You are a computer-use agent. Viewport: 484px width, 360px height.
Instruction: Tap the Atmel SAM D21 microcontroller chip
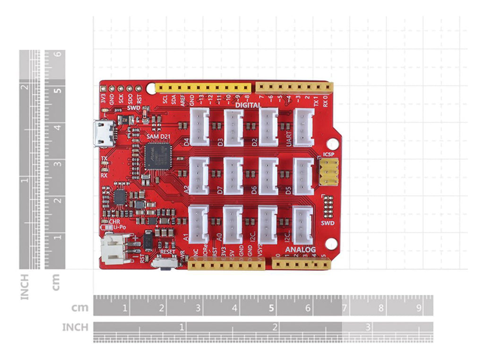[156, 156]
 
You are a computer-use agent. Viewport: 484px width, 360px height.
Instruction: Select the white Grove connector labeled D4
[199, 127]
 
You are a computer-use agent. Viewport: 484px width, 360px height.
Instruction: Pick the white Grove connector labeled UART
[303, 127]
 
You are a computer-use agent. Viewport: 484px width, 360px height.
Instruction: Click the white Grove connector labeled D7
[233, 176]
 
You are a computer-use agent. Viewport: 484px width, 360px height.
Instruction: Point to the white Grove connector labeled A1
[199, 224]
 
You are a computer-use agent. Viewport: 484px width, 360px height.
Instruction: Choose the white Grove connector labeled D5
[303, 176]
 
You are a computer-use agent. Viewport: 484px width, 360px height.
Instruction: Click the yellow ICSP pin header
[329, 171]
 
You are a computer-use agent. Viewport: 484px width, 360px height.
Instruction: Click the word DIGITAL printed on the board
[249, 105]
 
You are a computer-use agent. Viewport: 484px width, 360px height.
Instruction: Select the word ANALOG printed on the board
[300, 249]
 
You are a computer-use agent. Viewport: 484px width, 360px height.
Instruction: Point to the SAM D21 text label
[158, 137]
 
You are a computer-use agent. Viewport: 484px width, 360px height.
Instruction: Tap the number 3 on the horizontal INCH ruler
[367, 327]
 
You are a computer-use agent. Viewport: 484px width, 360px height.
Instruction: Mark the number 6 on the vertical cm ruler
[57, 54]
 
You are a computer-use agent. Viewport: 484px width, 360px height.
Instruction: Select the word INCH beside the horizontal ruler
[75, 327]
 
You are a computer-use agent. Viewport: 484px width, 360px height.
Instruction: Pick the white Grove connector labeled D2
[268, 127]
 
